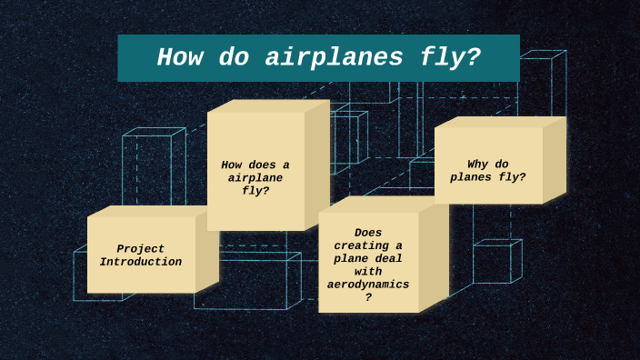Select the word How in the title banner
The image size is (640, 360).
(x=179, y=57)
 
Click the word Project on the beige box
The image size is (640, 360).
(x=141, y=249)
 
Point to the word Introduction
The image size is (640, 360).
(x=141, y=262)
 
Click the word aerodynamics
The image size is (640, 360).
(x=368, y=285)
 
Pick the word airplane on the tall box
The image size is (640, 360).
(x=255, y=177)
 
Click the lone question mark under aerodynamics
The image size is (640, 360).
(x=368, y=297)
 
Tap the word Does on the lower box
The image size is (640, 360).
(x=368, y=233)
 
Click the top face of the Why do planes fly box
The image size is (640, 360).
(x=500, y=122)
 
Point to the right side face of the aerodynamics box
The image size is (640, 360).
(x=434, y=259)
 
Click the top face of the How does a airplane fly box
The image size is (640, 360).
(x=268, y=105)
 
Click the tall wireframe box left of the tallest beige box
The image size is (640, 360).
(x=150, y=173)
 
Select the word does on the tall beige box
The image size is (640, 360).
(x=262, y=165)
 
